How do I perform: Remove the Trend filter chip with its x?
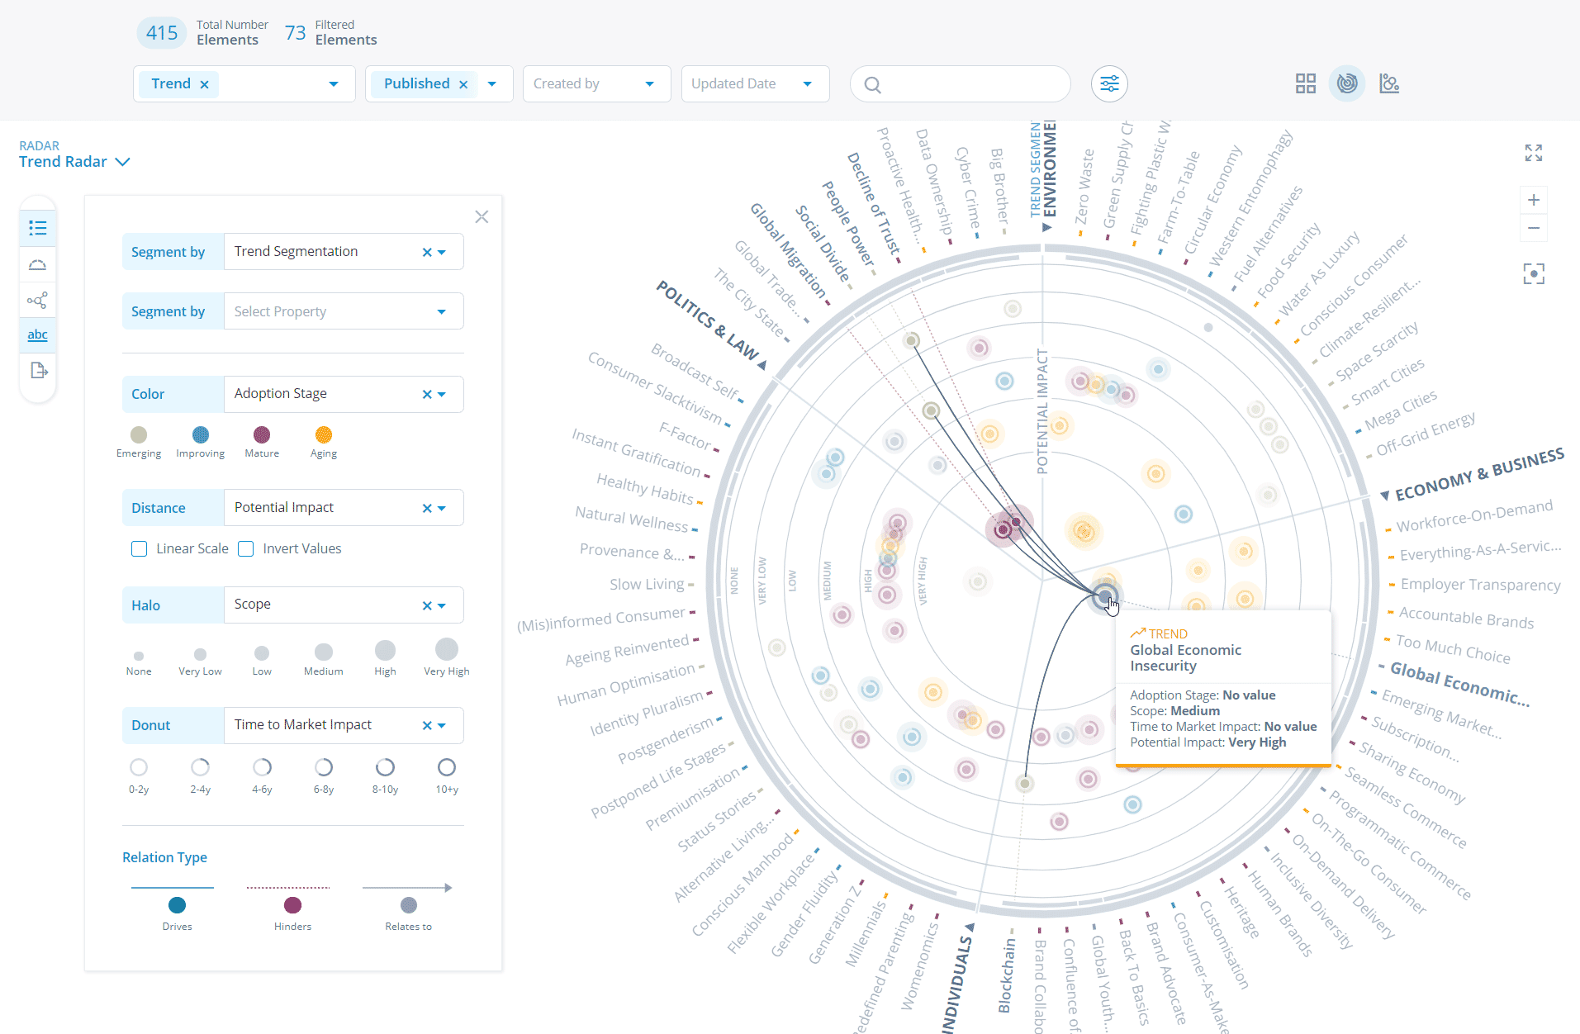pos(204,84)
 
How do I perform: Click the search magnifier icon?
pos(872,84)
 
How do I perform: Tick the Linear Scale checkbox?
pos(139,549)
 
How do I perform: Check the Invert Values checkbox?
pos(246,549)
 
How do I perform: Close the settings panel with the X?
pos(482,217)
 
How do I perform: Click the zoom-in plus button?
pos(1533,200)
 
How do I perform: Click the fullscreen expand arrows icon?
pos(1533,153)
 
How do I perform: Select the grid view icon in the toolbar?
pos(1305,83)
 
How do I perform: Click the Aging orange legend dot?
pos(324,435)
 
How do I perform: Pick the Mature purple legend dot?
pos(262,435)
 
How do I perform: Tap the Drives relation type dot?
pos(177,905)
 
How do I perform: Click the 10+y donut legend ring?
pos(447,767)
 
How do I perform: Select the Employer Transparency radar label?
pos(1479,585)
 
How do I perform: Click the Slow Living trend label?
pos(646,584)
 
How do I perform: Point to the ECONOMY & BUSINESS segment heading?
pos(1478,475)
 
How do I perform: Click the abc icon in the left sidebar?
pos(37,334)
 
